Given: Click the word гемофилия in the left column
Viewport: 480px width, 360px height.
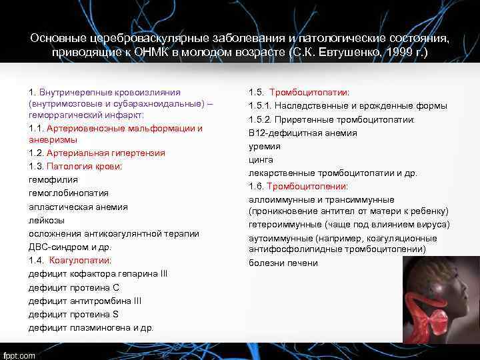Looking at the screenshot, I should coord(53,179).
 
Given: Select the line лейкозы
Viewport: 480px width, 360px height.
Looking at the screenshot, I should coord(47,220).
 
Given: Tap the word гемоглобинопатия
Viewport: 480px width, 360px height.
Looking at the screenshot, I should coord(69,193).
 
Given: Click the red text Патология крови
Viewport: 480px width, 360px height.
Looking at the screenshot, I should coord(84,166).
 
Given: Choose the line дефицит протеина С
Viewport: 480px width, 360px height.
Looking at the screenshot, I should coord(74,287).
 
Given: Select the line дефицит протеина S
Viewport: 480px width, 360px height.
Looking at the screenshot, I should coord(73,314).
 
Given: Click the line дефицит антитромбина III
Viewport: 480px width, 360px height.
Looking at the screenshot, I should coord(85,301).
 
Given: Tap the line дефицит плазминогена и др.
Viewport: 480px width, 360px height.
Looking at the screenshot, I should coord(91,327).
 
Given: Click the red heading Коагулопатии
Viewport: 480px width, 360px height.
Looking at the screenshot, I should coord(80,260).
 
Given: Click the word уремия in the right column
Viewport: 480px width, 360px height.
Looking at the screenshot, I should coord(265,146).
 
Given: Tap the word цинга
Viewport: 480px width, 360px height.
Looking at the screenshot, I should coord(262,159).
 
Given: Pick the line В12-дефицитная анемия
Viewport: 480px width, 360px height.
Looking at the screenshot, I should coord(303,133).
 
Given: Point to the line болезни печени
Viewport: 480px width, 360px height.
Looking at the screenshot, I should coord(283,263).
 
